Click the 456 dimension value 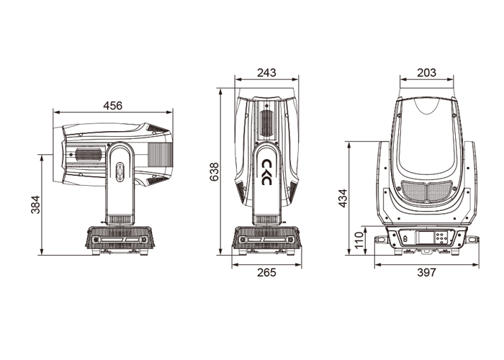pos(113,105)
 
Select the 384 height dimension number pos(35,204)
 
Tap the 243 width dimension pos(266,73)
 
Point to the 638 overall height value pos(214,172)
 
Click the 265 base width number pos(266,273)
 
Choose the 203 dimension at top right pos(426,73)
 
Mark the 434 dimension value pos(343,198)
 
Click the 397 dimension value pos(426,273)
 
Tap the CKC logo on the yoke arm pos(267,172)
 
